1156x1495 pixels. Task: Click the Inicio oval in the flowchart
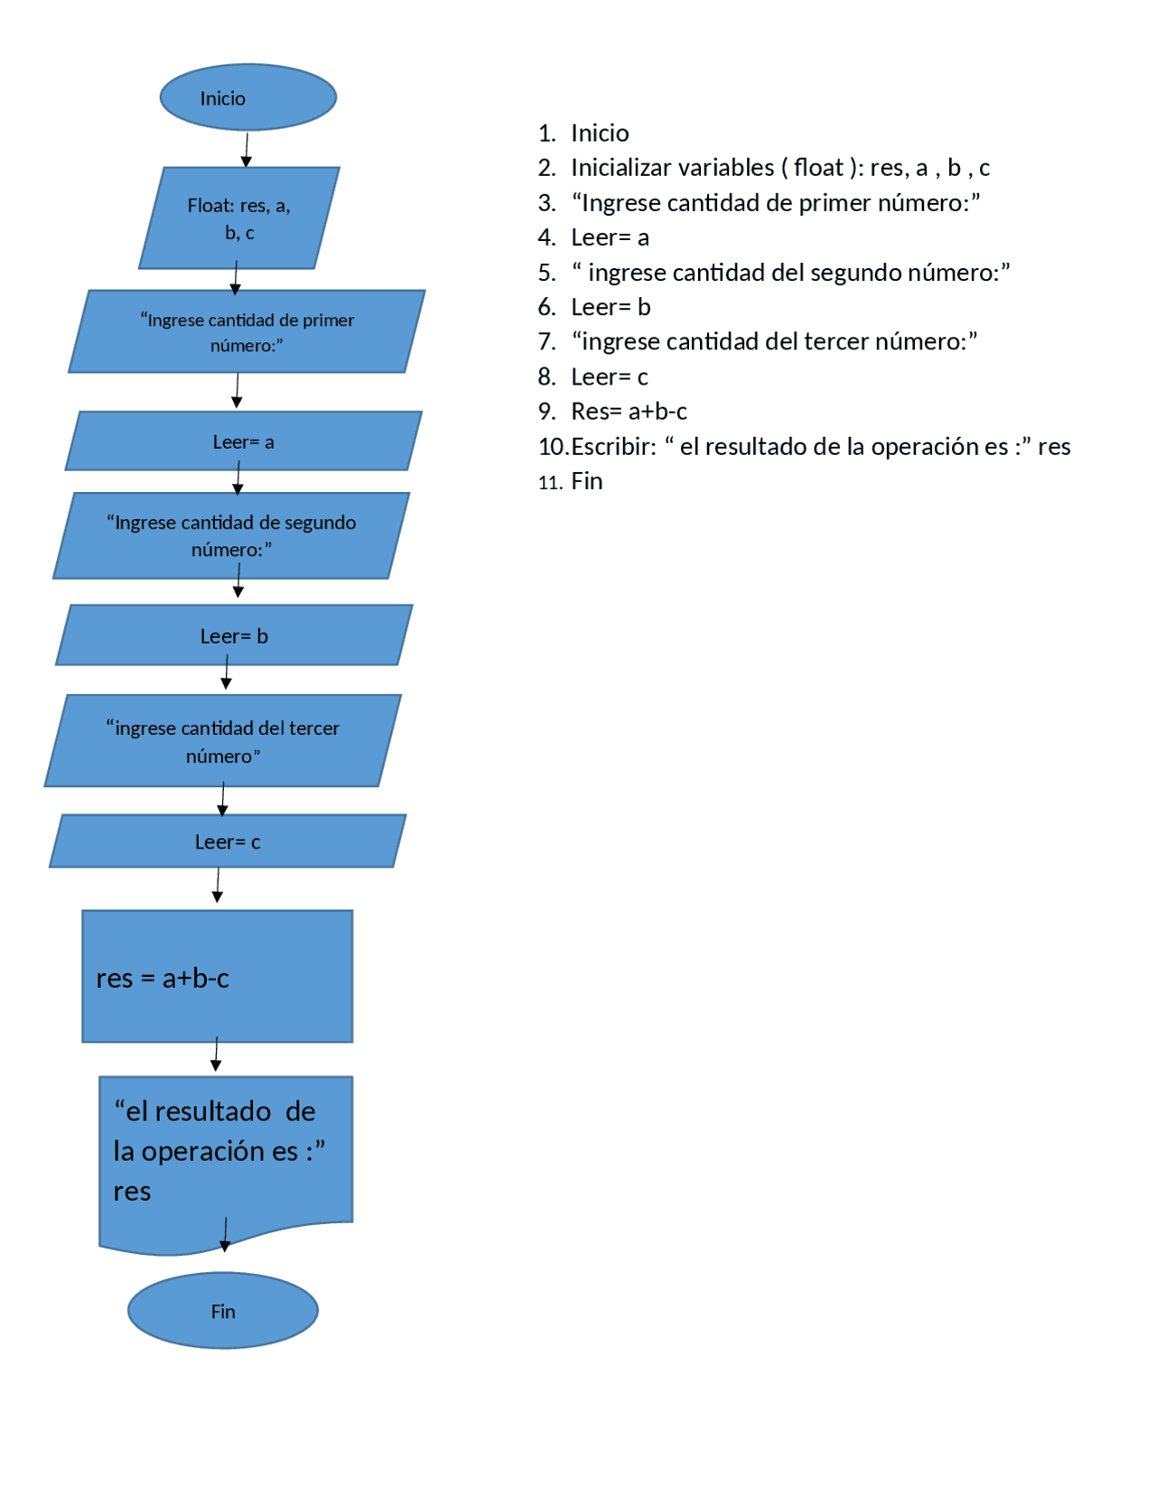247,97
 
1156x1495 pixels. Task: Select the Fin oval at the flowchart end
222,1310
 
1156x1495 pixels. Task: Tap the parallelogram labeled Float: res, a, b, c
239,218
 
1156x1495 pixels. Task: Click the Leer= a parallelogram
243,441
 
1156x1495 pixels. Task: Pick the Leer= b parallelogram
234,636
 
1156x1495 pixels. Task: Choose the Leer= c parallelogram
228,841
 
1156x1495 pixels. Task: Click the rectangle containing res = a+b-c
217,976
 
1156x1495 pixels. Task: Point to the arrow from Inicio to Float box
247,149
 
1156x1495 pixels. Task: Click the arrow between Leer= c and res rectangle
218,886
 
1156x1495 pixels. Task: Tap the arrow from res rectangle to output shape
216,1054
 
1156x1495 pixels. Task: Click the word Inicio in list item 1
600,134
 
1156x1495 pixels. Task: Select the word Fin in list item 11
586,481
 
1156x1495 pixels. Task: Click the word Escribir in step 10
613,447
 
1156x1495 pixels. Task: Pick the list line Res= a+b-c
629,412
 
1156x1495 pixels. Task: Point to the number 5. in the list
546,273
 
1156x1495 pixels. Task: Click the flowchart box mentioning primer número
247,331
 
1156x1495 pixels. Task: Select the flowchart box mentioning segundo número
231,535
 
